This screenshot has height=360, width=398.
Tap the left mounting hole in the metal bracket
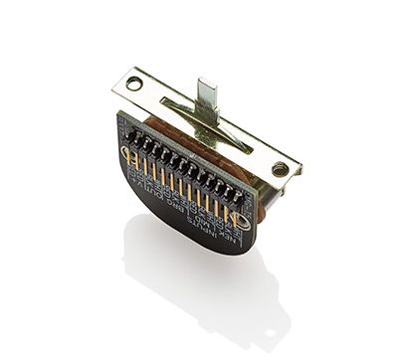[134, 84]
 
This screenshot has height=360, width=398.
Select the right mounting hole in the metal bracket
[281, 169]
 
